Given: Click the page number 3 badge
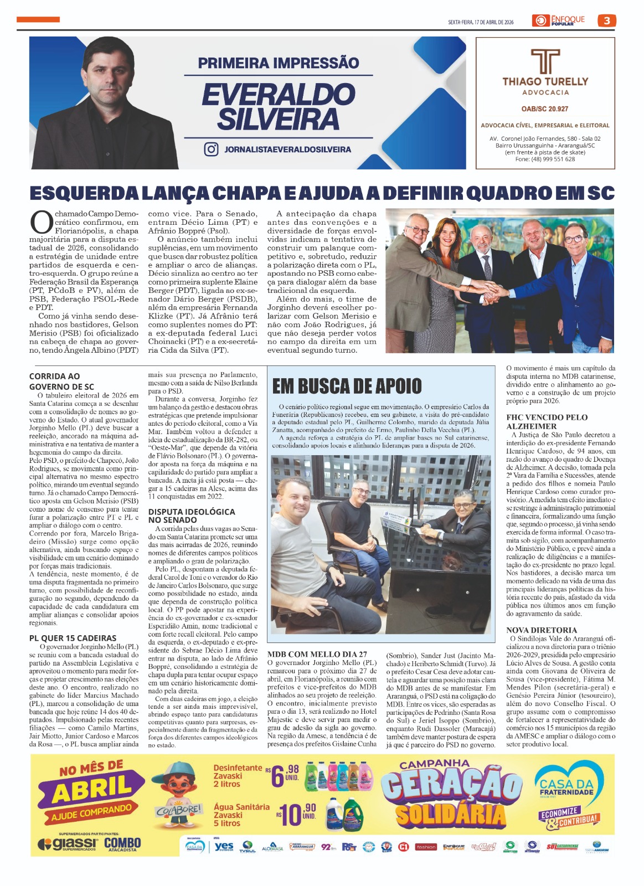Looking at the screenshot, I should tap(607, 21).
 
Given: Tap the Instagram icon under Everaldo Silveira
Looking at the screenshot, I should tap(211, 149).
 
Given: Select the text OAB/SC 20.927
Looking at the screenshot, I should tap(545, 109).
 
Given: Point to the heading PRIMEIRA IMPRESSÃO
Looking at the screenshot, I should tap(279, 63).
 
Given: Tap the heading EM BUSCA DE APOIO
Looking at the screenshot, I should tap(347, 386).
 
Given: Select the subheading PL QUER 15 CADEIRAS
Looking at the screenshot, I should tap(73, 638).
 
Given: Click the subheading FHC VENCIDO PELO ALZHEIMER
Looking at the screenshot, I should tap(547, 421).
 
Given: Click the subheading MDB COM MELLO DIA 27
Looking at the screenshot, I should tap(317, 654).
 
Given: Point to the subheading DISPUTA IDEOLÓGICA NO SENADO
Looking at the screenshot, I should tap(192, 516).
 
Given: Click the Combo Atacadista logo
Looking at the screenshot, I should tap(122, 844).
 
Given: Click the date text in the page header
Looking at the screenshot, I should tap(481, 22).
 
